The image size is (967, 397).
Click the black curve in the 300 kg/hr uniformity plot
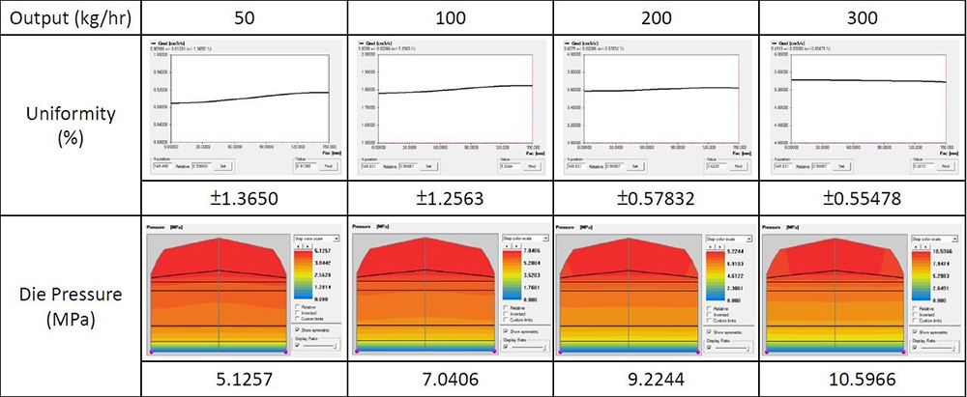pos(851,81)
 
